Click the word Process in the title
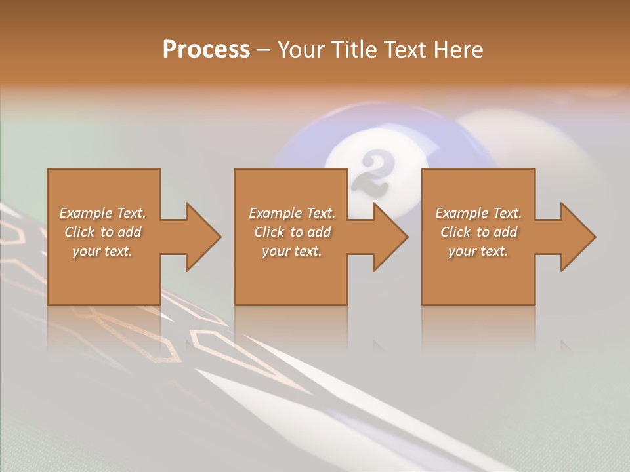pos(206,50)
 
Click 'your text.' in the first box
pos(102,251)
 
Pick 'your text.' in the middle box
pos(292,251)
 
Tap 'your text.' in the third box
pos(478,251)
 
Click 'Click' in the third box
pos(455,232)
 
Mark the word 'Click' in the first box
pos(79,232)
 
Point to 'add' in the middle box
pos(319,232)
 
